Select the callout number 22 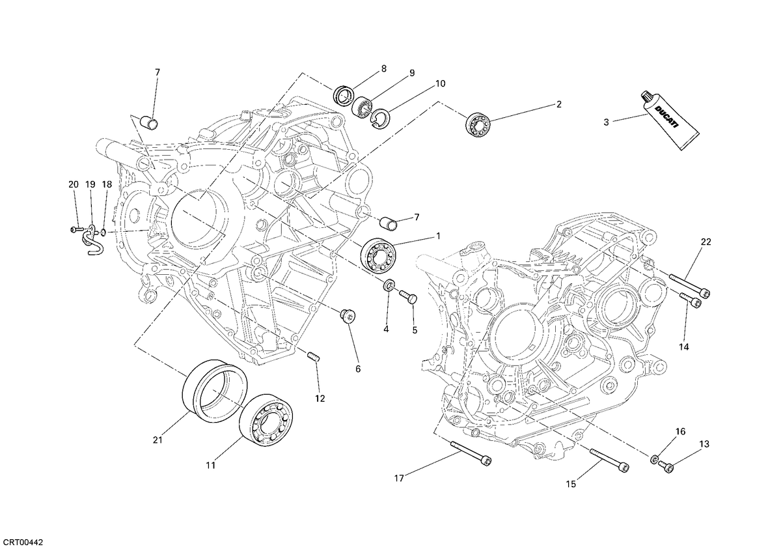(706, 242)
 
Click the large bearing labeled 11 (266, 420)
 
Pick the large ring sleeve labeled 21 (215, 391)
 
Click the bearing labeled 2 (478, 123)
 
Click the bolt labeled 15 (609, 460)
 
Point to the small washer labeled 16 (654, 460)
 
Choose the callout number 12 (320, 398)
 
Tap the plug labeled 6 (347, 315)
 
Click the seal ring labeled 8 (344, 94)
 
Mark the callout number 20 (73, 184)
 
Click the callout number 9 (412, 73)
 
